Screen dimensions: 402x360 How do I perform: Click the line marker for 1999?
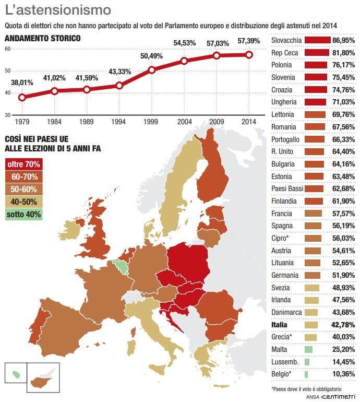pyautogui.click(x=152, y=70)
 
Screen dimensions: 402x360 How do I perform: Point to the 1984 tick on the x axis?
pyautogui.click(x=54, y=122)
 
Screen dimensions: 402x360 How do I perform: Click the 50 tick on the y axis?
pyautogui.click(x=7, y=70)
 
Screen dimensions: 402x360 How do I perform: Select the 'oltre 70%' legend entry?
pyautogui.click(x=23, y=164)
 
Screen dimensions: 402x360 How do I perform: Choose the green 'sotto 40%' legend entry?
pyautogui.click(x=23, y=214)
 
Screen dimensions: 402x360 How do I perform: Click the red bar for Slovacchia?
pyautogui.click(x=317, y=40)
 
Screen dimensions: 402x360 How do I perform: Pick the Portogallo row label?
pyautogui.click(x=285, y=139)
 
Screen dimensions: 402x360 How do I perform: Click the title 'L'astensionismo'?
pyautogui.click(x=57, y=10)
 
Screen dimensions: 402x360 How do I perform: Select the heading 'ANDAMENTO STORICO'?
pyautogui.click(x=42, y=38)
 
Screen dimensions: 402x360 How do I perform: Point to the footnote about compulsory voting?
pyautogui.click(x=306, y=389)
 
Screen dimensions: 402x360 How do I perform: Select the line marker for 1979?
pyautogui.click(x=22, y=97)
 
